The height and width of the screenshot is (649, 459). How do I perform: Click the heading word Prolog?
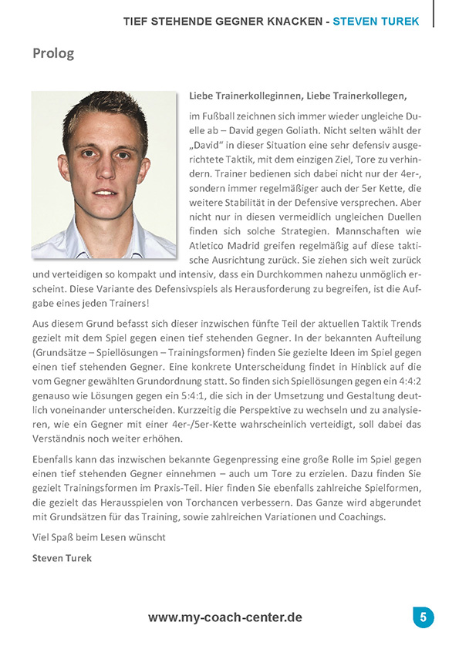(x=53, y=54)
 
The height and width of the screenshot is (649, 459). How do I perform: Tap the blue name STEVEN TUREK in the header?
(x=376, y=22)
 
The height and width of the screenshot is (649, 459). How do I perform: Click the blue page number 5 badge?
(x=423, y=617)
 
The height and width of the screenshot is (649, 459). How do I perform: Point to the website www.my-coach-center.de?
(x=224, y=617)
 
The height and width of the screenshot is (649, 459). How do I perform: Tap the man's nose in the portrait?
(x=103, y=179)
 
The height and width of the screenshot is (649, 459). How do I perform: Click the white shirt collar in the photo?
(x=77, y=240)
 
